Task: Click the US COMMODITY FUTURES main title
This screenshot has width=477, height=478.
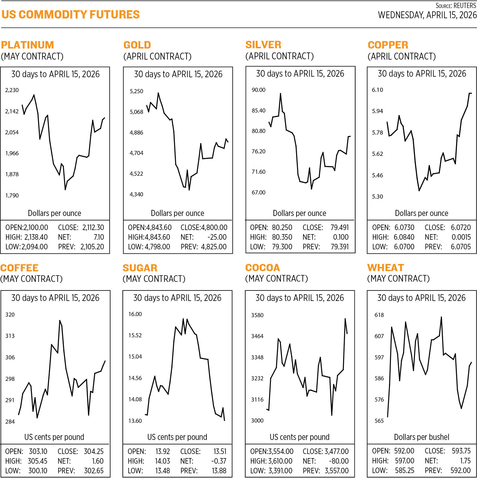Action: pyautogui.click(x=71, y=15)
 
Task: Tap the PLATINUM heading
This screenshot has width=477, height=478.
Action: pyautogui.click(x=27, y=45)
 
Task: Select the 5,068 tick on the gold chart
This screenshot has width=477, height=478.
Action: pyautogui.click(x=136, y=112)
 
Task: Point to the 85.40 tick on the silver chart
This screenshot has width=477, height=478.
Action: pyautogui.click(x=258, y=111)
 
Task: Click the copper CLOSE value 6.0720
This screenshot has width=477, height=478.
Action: pyautogui.click(x=461, y=228)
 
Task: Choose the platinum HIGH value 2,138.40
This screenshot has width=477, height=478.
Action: pyautogui.click(x=36, y=237)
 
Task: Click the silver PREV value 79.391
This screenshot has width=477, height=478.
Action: pyautogui.click(x=340, y=247)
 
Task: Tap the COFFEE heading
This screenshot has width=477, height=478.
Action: pyautogui.click(x=19, y=268)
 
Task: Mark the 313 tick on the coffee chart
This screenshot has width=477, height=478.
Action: pyautogui.click(x=10, y=336)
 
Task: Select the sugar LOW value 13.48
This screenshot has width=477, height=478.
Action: pyautogui.click(x=163, y=471)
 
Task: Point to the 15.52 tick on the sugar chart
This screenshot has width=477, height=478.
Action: pyautogui.click(x=135, y=335)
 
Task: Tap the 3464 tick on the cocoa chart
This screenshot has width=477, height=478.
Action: pyautogui.click(x=257, y=336)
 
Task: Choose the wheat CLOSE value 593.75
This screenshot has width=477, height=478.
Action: pyautogui.click(x=461, y=451)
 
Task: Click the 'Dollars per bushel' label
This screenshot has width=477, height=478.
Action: pyautogui.click(x=422, y=437)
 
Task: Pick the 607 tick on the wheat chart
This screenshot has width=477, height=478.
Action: pyautogui.click(x=379, y=336)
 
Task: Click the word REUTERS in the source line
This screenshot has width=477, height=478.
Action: pyautogui.click(x=465, y=6)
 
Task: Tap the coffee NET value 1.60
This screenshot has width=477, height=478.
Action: pyautogui.click(x=98, y=461)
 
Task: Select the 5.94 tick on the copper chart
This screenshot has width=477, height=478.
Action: pyautogui.click(x=377, y=111)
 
